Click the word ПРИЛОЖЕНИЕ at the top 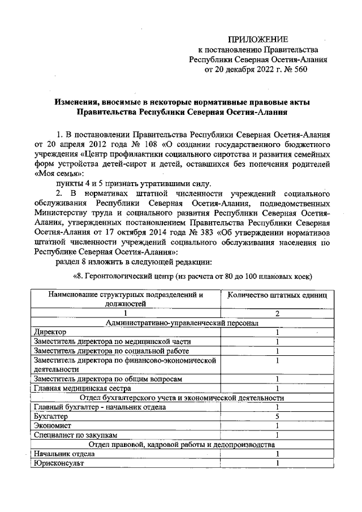pos(257,39)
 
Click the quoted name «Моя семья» pos(59,174)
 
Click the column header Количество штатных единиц pos(278,295)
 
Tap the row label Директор pos(50,332)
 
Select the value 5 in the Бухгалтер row pos(278,416)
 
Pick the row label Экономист pos(52,425)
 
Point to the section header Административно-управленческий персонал pos(182,322)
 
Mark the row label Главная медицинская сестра pos(83,388)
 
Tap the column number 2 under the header pos(278,313)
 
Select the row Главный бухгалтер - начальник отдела pos(100,407)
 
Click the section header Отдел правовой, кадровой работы pos(182,444)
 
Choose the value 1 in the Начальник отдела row pos(278,454)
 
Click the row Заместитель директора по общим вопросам pos(107,378)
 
